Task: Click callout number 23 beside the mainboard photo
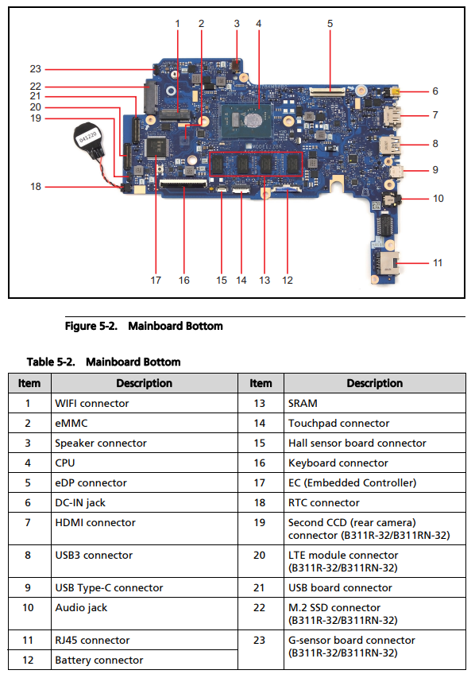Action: (x=35, y=69)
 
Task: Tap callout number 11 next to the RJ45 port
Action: (x=438, y=262)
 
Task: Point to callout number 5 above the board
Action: (x=330, y=24)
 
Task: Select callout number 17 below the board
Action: (x=156, y=281)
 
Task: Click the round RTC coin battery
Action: (x=87, y=138)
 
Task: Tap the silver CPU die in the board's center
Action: (x=252, y=119)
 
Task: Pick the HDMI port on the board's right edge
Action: (x=392, y=115)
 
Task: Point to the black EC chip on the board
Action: (x=156, y=146)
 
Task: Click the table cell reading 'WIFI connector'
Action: (x=145, y=403)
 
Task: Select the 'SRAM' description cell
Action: (x=374, y=403)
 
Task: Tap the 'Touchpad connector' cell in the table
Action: (x=374, y=423)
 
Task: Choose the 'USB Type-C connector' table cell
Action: (x=145, y=587)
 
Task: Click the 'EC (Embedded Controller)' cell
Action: (x=374, y=482)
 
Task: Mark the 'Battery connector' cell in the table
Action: (x=145, y=660)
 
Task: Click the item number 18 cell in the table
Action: (x=261, y=502)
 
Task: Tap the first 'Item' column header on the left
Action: (x=29, y=383)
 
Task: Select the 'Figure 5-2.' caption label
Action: (x=91, y=326)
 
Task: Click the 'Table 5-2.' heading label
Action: (x=51, y=362)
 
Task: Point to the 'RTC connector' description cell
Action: (x=374, y=502)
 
